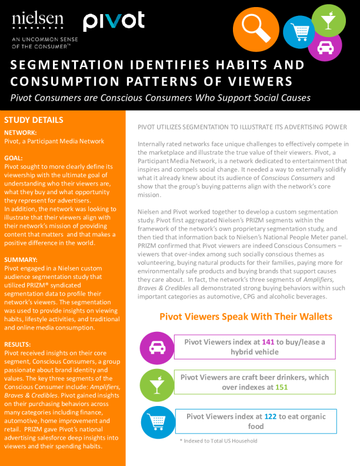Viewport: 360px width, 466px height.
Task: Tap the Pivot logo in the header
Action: point(113,22)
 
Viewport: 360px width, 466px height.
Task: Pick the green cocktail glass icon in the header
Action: point(327,18)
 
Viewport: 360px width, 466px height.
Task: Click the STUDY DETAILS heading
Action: point(34,120)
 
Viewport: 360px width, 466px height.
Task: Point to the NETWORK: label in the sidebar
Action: point(21,133)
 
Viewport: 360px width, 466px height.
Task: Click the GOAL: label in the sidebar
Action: point(14,158)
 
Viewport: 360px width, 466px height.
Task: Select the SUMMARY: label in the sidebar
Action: point(21,259)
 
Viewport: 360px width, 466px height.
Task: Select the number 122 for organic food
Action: point(270,417)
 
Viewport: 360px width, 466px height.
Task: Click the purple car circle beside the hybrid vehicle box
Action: point(156,348)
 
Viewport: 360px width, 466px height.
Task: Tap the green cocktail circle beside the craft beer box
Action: point(156,385)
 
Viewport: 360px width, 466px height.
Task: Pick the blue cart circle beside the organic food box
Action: point(156,421)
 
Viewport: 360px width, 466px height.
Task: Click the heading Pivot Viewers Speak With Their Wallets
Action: point(246,317)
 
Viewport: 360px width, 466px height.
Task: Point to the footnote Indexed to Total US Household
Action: point(218,441)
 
